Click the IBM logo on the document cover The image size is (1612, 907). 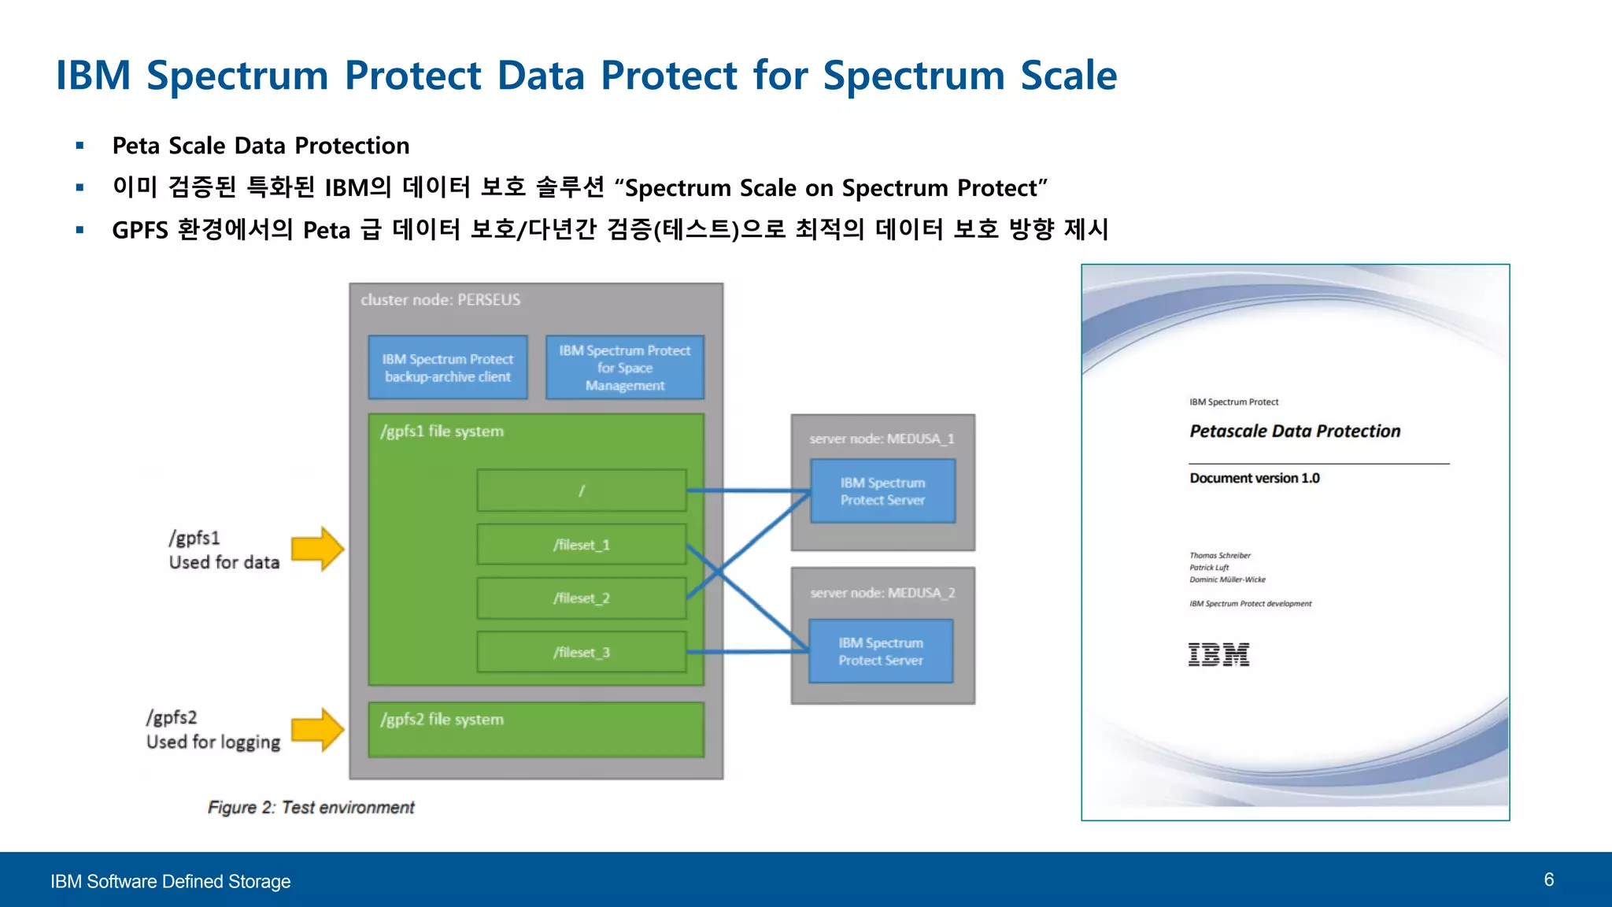point(1218,654)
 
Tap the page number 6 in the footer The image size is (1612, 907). point(1548,879)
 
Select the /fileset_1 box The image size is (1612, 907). point(581,545)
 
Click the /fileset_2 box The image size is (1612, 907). point(581,598)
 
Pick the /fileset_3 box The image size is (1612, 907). point(581,652)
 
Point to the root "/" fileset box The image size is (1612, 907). point(581,491)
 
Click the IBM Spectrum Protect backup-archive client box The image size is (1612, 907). point(448,368)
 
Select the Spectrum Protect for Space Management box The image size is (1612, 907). point(625,368)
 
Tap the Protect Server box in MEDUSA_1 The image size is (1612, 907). point(882,491)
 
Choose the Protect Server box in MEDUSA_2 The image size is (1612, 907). point(881,651)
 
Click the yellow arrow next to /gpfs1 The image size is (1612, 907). point(317,549)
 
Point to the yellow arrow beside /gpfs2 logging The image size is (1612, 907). point(317,730)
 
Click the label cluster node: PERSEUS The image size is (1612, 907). point(440,300)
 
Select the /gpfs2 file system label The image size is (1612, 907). point(442,720)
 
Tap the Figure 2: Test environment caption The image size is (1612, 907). point(311,807)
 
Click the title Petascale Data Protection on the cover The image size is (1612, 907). point(1295,431)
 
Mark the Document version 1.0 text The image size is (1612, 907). point(1254,478)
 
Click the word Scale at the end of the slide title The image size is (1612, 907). point(1068,76)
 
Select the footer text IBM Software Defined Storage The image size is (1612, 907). point(170,881)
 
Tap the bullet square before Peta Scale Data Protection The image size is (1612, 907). point(79,146)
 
